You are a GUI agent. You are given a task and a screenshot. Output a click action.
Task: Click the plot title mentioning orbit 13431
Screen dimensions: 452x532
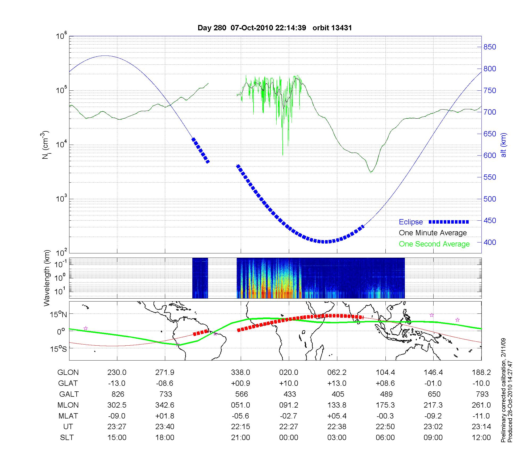[x=275, y=28]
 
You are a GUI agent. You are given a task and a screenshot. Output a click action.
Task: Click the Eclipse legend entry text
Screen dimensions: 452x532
[x=411, y=222]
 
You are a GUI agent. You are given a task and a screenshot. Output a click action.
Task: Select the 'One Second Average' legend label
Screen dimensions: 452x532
[x=434, y=244]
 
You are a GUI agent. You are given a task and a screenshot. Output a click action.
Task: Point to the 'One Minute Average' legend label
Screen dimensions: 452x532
[x=433, y=233]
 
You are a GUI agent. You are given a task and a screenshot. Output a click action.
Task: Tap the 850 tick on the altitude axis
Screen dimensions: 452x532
[x=490, y=47]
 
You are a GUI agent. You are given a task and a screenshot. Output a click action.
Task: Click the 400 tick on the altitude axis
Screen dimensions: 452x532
[x=490, y=242]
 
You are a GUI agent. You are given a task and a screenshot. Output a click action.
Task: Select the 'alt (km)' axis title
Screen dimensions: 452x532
[x=504, y=145]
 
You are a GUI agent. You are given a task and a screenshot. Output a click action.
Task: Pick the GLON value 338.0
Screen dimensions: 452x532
[x=240, y=373]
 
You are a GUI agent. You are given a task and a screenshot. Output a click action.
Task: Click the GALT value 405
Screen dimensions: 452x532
[x=338, y=394]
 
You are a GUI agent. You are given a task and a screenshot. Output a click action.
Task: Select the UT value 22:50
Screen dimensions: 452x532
[x=385, y=427]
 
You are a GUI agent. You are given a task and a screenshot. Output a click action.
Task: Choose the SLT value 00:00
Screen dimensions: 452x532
[x=289, y=438]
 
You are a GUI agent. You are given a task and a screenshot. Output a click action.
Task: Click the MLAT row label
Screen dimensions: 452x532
[x=68, y=416]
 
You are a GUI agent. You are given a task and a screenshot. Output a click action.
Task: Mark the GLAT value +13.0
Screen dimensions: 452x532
[x=337, y=383]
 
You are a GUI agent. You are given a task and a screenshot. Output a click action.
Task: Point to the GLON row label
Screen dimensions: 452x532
[x=68, y=373]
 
